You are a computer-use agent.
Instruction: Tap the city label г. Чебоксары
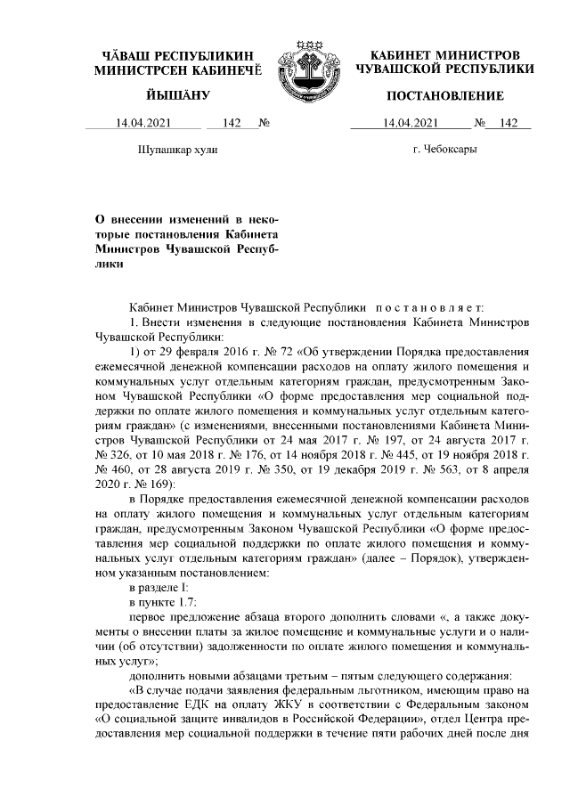pyautogui.click(x=444, y=150)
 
